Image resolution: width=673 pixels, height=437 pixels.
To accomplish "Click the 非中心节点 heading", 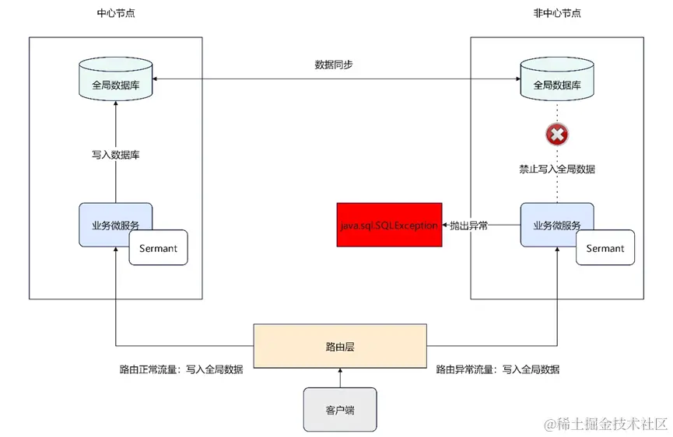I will [x=556, y=13].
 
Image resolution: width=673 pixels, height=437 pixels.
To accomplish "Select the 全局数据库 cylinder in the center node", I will [x=115, y=79].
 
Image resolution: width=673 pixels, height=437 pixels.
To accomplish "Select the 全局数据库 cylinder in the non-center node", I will [x=556, y=79].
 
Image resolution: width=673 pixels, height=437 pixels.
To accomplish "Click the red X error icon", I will [x=557, y=135].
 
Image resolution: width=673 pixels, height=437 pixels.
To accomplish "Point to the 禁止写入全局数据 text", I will [x=557, y=169].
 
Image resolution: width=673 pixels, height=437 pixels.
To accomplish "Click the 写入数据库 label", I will [x=115, y=155].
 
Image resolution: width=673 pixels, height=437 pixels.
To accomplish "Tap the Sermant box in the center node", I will [x=158, y=248].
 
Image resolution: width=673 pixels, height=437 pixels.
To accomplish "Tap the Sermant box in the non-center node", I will [x=605, y=248].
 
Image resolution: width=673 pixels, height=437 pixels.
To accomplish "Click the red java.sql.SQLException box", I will [x=389, y=225].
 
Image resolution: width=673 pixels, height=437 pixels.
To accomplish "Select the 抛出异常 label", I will [x=470, y=225].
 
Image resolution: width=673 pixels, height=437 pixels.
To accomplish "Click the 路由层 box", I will [x=340, y=346].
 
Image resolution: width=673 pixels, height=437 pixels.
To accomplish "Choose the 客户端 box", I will [x=340, y=409].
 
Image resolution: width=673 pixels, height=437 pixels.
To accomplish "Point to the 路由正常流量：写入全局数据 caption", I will [x=181, y=370].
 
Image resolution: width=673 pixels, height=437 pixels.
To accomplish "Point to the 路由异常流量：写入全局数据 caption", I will [x=497, y=370].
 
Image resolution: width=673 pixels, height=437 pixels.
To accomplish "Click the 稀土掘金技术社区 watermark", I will [x=606, y=424].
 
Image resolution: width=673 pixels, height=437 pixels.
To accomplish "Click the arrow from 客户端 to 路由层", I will [x=340, y=378].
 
